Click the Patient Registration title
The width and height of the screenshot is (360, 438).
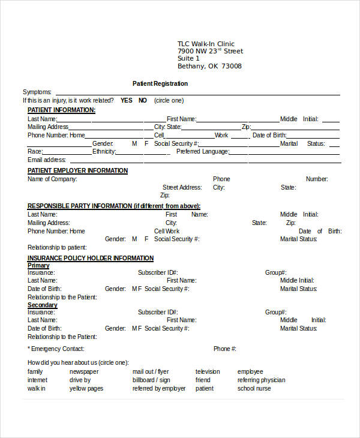click(160, 83)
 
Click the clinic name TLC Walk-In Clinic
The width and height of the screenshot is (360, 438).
click(206, 44)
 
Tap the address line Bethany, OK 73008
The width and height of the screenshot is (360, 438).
click(209, 67)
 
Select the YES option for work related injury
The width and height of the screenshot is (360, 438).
click(126, 100)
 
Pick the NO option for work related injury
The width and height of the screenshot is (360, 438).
click(143, 100)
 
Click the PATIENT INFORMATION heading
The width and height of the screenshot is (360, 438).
click(61, 110)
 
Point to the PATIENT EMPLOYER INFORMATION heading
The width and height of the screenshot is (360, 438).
click(77, 170)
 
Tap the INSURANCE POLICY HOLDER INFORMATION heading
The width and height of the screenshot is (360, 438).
click(91, 258)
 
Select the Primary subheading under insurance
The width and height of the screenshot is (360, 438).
click(38, 266)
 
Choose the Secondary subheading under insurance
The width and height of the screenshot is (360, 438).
click(43, 305)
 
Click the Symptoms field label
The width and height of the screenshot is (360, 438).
click(37, 92)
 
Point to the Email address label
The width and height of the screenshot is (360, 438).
click(47, 160)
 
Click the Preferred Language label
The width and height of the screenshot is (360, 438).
click(202, 152)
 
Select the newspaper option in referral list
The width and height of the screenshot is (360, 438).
click(84, 371)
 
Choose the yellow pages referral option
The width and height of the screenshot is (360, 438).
click(86, 388)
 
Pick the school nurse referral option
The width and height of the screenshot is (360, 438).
click(254, 388)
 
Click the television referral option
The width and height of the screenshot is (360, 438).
click(208, 371)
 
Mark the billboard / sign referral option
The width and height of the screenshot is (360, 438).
click(151, 380)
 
